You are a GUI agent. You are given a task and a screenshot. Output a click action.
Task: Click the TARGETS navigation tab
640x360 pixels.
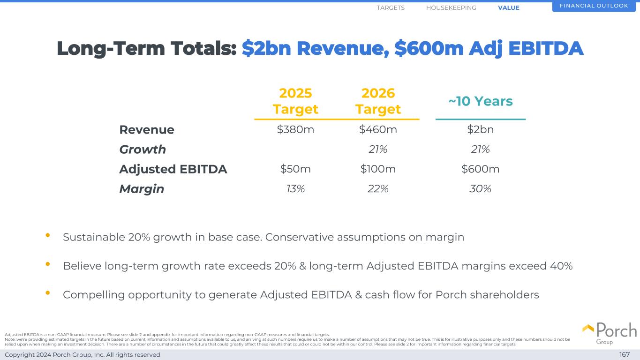tap(391, 8)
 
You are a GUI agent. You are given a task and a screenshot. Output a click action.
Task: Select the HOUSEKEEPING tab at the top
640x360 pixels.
tap(451, 8)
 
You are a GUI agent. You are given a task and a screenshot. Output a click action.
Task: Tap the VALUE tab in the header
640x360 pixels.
tap(509, 8)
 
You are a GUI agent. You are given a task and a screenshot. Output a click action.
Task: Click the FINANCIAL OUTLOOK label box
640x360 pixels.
tap(594, 6)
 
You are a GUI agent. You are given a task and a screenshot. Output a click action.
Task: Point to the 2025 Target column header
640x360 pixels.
tap(295, 101)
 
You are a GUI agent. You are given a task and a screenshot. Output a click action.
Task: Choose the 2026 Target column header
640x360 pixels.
tap(378, 101)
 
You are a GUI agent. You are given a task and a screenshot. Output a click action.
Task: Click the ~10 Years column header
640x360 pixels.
tap(480, 101)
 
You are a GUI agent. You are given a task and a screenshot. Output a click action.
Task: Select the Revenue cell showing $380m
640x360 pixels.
tap(295, 129)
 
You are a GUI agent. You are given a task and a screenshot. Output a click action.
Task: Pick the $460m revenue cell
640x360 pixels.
tap(378, 129)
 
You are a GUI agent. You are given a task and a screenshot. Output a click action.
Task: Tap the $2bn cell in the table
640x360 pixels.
tap(480, 129)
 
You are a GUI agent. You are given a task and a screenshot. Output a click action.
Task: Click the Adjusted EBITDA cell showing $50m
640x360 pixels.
tap(295, 169)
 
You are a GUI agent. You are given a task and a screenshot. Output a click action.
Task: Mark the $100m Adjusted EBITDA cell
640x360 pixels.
tap(378, 169)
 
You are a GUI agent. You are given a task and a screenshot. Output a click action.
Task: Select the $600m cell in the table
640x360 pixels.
tap(480, 169)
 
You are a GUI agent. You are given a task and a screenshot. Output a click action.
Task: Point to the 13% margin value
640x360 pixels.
tap(295, 188)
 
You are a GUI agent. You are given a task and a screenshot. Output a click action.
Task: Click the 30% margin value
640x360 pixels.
tap(480, 188)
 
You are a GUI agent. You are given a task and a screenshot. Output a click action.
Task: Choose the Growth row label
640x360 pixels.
tap(143, 150)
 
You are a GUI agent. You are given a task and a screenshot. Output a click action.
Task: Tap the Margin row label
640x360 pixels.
tap(142, 189)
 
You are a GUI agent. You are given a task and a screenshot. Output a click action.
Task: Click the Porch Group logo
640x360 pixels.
tap(610, 333)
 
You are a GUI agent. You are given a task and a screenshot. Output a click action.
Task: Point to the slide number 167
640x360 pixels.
tap(625, 355)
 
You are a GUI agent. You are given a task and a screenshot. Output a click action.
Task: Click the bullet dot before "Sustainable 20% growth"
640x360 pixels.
tap(48, 236)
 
